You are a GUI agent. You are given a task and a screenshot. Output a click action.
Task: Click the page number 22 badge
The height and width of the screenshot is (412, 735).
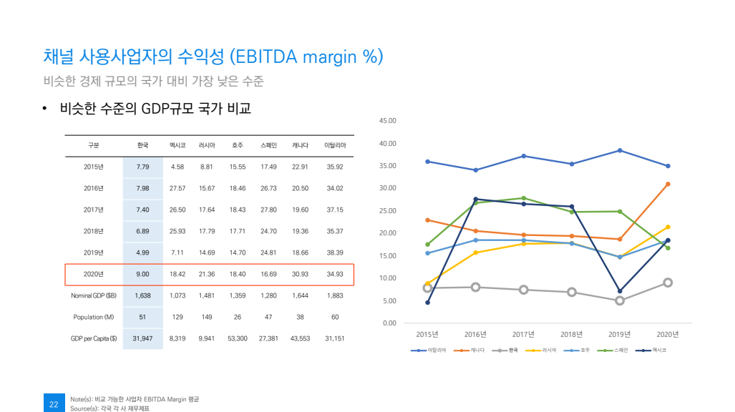point(54,403)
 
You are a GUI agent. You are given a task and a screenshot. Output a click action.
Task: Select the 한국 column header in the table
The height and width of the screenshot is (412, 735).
point(142,145)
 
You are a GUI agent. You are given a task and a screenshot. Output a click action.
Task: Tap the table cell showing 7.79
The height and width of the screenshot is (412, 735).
point(142,167)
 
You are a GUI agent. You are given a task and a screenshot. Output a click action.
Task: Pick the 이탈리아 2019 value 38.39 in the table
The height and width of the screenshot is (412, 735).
point(334,252)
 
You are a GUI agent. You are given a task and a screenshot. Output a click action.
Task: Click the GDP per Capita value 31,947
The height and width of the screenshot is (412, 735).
point(142,338)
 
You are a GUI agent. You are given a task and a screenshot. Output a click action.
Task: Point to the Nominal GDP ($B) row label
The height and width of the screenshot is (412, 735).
point(94,295)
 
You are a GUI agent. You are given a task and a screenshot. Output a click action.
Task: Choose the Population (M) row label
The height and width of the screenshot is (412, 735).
point(94,317)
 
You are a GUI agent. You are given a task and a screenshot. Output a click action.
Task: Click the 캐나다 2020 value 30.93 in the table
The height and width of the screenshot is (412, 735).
point(300,274)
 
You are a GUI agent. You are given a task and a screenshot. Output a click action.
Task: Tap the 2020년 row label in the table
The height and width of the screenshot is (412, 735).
point(94,274)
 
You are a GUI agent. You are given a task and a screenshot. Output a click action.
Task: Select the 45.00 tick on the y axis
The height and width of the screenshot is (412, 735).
point(387,121)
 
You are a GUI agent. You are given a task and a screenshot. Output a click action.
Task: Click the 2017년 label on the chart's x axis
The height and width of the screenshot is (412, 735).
point(524,334)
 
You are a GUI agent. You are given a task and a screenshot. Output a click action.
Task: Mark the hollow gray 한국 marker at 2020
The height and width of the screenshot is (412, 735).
point(668,283)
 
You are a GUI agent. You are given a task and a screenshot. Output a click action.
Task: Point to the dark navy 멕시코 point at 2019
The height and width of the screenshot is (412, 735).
point(620,291)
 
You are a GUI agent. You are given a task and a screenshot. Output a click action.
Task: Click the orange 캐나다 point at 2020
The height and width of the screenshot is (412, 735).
point(668,184)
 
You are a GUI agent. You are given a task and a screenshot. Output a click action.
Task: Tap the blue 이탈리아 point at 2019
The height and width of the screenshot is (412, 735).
point(620,150)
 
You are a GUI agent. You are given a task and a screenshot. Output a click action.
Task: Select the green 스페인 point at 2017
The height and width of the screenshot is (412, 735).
point(524,198)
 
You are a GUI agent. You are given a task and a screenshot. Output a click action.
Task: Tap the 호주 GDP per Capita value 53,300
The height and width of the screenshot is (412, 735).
point(237,338)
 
